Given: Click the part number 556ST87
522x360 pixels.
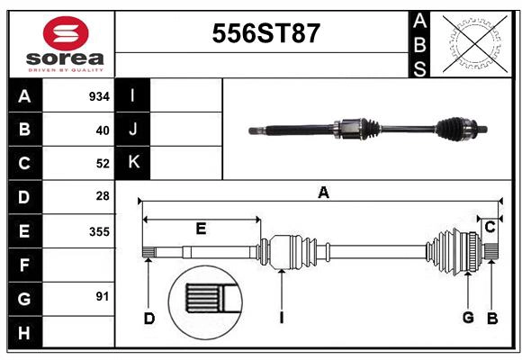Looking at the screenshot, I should coord(265,34).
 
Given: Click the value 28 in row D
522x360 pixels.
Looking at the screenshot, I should coord(102,196).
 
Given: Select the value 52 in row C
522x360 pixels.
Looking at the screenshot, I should coord(102,163).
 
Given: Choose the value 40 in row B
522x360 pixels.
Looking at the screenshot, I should coord(102,130).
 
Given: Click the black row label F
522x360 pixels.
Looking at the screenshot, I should coord(24,265).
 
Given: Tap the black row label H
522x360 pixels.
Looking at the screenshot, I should coord(24,333).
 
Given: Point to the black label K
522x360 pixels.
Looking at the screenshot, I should coord(133,163).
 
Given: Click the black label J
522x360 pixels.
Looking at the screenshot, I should coord(133,130).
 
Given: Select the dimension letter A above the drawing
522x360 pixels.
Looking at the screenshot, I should coord(323,192).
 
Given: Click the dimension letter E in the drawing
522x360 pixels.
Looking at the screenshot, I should coord(201,229).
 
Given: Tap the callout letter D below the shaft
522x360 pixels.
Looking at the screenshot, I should coord(149,318).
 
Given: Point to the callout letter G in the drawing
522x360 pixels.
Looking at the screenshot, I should coord(468,317).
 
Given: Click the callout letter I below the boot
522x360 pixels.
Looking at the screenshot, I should coord(282,318).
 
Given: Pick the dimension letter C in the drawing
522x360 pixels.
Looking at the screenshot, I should coord(490,228).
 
